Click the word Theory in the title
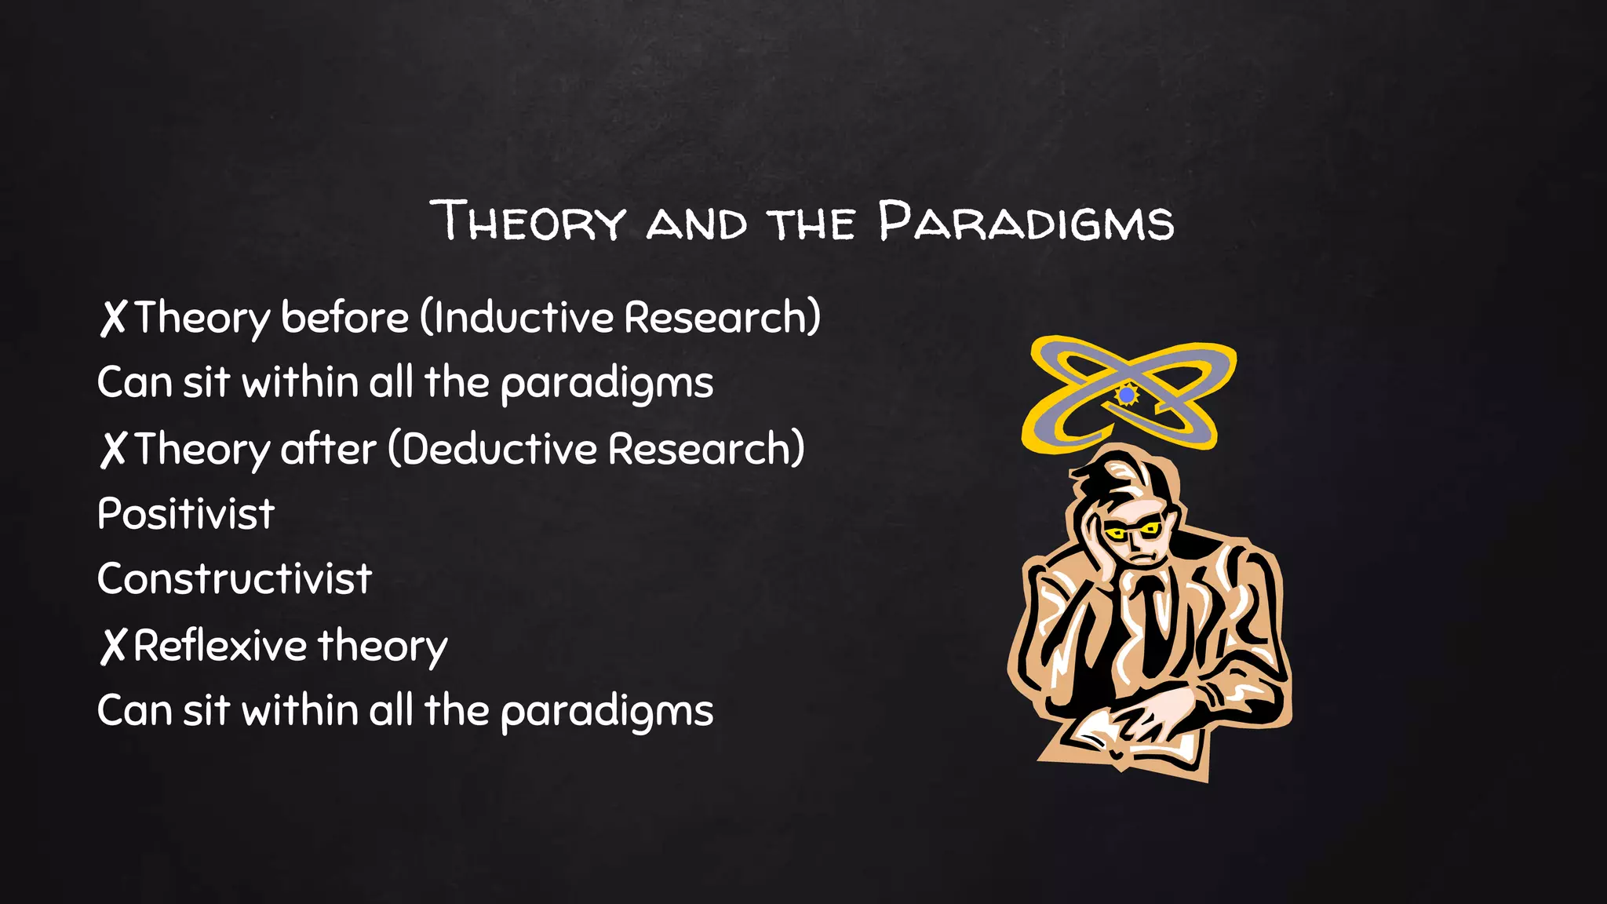tap(527, 221)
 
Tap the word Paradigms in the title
tap(1026, 221)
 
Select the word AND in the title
tap(696, 224)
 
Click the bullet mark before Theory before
tap(113, 318)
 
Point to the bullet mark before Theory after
tap(113, 450)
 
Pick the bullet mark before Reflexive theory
tap(113, 647)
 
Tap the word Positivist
tap(186, 515)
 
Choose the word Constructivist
tap(234, 580)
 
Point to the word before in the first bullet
tap(344, 317)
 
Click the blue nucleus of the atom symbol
tap(1127, 395)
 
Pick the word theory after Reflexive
tap(382, 646)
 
